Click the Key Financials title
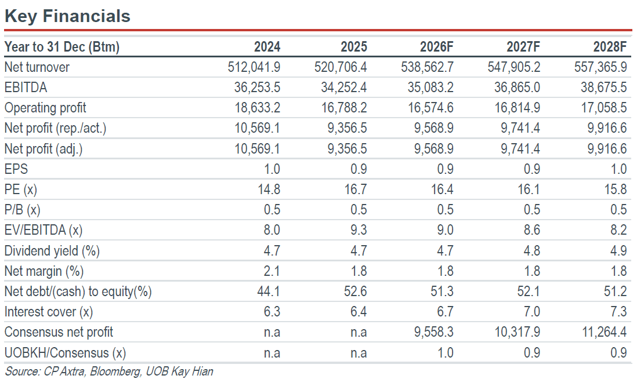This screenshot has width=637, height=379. click(x=67, y=16)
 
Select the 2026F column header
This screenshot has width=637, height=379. click(x=436, y=47)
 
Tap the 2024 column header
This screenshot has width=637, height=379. click(x=267, y=47)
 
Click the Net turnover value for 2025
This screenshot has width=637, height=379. click(x=341, y=67)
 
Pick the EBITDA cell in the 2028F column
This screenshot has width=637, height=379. click(x=604, y=88)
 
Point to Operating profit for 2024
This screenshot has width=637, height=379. click(x=257, y=108)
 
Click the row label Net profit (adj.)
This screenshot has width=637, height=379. click(x=44, y=149)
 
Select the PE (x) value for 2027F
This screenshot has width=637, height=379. click(x=529, y=189)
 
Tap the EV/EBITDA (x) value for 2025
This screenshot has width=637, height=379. click(x=359, y=230)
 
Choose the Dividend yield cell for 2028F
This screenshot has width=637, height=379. click(x=618, y=250)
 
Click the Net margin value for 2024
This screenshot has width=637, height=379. click(x=272, y=271)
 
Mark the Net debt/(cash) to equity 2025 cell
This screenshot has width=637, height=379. click(x=356, y=291)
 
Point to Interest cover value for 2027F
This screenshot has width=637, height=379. click(x=532, y=312)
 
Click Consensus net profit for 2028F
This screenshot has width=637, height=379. click(x=605, y=332)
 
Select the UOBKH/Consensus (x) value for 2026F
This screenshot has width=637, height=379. click(x=445, y=352)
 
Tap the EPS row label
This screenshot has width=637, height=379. click(x=16, y=169)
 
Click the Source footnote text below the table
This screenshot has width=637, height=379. click(x=109, y=371)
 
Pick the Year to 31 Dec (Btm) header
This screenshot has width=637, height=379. click(x=62, y=47)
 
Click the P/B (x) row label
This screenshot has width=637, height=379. click(x=23, y=210)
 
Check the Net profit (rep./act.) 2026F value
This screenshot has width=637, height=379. click(x=434, y=128)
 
